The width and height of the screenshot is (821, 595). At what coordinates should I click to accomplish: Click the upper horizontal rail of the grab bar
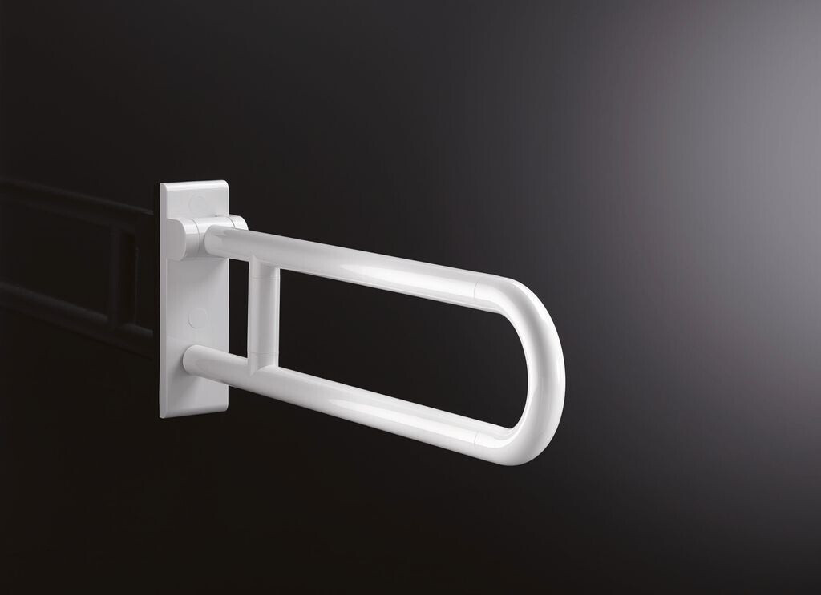[361, 264]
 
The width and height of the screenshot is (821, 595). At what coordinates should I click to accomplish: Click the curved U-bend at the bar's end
[545, 360]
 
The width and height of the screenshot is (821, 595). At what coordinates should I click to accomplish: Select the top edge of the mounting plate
[194, 185]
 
